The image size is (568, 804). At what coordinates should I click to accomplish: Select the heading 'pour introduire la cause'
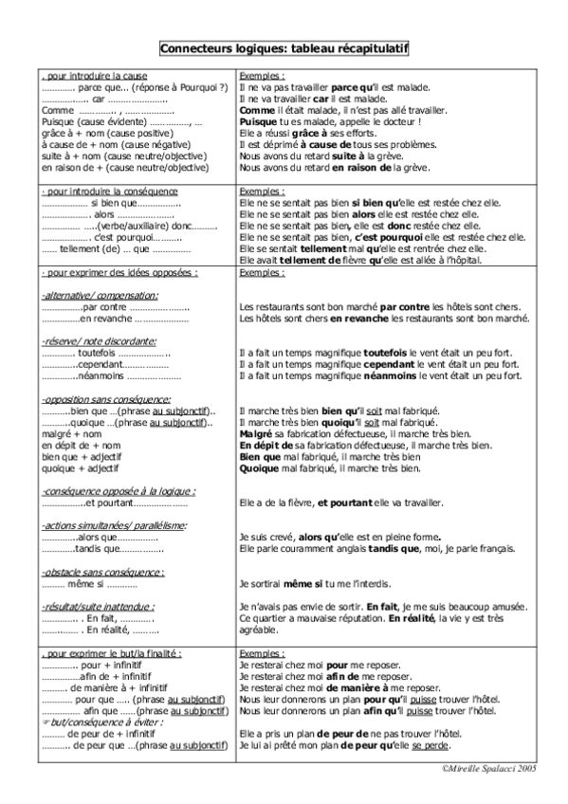(x=87, y=74)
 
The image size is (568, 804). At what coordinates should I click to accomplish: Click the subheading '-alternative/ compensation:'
(x=100, y=296)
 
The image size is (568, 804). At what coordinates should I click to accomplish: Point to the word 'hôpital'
(x=462, y=260)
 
